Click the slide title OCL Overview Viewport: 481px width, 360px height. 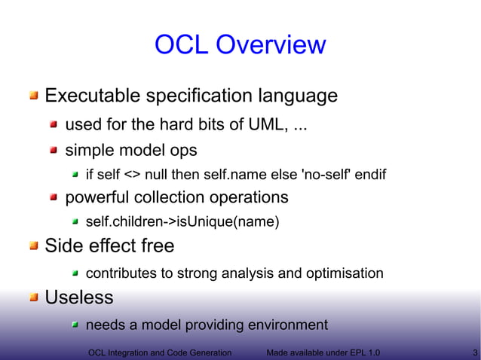[240, 45]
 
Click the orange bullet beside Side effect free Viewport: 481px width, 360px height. [34, 246]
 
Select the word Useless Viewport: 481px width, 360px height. [79, 297]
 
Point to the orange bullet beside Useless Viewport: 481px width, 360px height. [34, 298]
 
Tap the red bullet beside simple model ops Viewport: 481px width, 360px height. [54, 151]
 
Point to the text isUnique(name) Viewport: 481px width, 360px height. [238, 221]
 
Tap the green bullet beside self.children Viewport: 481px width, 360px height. [75, 222]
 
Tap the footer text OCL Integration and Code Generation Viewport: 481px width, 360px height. [159, 352]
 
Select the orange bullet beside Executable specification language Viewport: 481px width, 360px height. [34, 96]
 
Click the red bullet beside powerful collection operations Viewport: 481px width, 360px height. [54, 198]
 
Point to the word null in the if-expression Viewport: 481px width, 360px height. [156, 175]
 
